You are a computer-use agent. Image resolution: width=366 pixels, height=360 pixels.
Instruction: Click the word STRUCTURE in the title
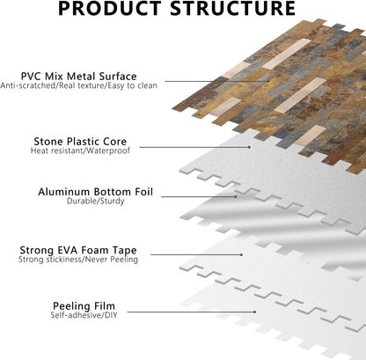232,8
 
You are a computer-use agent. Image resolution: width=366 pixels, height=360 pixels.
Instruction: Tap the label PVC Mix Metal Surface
79,77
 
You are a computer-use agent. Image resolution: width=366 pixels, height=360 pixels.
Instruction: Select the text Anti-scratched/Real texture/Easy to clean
79,85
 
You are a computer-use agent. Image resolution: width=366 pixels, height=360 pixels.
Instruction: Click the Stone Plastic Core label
80,142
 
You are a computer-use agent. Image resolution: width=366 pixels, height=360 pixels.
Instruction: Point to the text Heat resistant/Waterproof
80,151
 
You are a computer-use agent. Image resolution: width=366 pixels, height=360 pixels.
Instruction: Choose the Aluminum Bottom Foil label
96,192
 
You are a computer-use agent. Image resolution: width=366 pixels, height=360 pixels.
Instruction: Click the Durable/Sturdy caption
96,202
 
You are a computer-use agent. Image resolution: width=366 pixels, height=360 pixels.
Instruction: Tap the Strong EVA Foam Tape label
78,250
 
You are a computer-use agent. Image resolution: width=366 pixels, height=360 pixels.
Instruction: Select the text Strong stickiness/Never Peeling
78,260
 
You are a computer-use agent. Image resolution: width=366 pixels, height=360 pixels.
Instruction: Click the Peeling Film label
84,306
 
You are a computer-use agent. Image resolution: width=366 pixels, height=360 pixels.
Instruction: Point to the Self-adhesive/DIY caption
84,315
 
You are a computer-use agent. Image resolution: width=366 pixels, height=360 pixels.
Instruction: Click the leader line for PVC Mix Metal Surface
217,81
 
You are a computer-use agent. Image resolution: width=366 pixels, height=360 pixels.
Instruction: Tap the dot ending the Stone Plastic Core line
250,147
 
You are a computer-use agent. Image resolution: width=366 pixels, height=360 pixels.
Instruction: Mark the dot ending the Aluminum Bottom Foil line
237,196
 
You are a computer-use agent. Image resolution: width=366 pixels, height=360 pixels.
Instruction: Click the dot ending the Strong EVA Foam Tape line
242,254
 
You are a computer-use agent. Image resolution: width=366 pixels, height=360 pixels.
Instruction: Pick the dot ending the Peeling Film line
255,312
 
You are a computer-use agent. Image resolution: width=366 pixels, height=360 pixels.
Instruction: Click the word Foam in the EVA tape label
94,250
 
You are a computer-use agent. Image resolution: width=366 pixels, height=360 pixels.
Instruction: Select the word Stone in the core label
49,142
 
